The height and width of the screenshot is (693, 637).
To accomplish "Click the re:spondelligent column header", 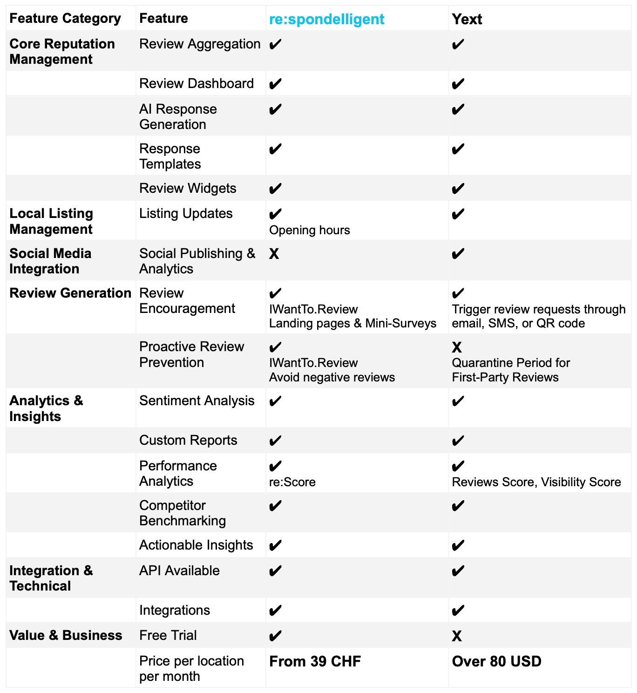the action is click(326, 19).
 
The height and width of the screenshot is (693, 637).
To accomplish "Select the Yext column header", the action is click(467, 19).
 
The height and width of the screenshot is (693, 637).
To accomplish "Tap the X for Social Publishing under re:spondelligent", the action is click(274, 254).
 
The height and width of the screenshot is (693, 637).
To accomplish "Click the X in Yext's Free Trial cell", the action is click(457, 636).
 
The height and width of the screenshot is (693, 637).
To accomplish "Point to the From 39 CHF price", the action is click(315, 661).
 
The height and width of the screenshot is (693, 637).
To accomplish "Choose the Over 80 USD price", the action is click(496, 661).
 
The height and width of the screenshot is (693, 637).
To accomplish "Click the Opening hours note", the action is click(309, 230).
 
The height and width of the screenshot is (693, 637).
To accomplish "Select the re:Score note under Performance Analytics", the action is click(292, 482).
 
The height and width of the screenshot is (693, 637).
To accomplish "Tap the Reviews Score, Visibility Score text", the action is click(536, 482).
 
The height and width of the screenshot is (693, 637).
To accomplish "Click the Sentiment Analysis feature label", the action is click(197, 401).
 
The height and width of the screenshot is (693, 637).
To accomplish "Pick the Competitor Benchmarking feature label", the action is click(182, 513).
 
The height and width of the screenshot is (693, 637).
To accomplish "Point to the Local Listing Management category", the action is click(51, 221).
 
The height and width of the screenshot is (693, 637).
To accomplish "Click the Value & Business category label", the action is click(66, 635).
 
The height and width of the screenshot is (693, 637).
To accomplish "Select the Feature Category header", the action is click(65, 18).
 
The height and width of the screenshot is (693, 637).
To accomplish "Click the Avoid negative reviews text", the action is click(332, 377).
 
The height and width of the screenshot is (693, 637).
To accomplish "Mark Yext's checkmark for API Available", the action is click(458, 571).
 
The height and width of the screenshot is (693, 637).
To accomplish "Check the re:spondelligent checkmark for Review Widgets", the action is click(275, 189).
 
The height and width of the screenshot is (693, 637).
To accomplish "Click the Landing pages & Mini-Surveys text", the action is click(352, 323).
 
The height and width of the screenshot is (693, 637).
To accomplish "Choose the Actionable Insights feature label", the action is click(196, 545).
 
